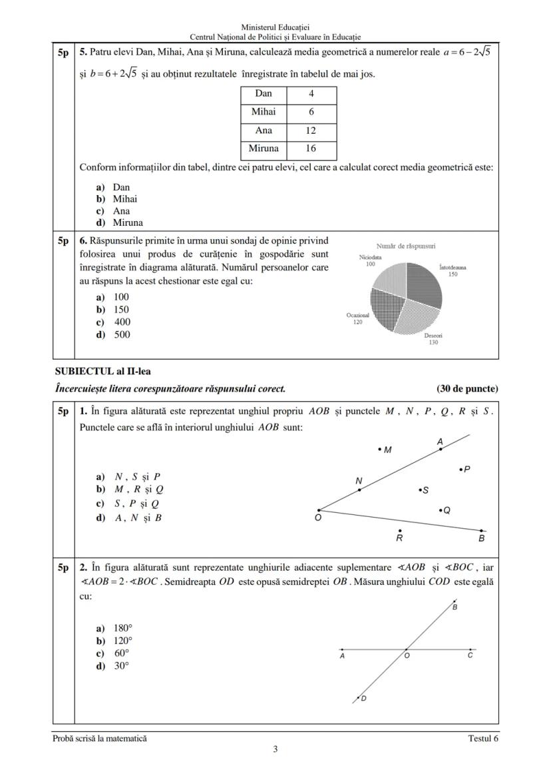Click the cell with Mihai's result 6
coord(311,113)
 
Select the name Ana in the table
coord(264,131)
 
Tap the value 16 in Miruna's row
coord(311,149)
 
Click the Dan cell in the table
coord(264,94)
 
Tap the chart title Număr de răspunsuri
coord(406,246)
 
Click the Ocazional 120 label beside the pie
coord(358,318)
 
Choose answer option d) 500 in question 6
coord(114,335)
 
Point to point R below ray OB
coord(399,531)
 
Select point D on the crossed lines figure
coord(359,697)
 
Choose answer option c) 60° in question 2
coord(114,653)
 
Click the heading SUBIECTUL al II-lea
coord(97,372)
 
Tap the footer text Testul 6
coord(482,738)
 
